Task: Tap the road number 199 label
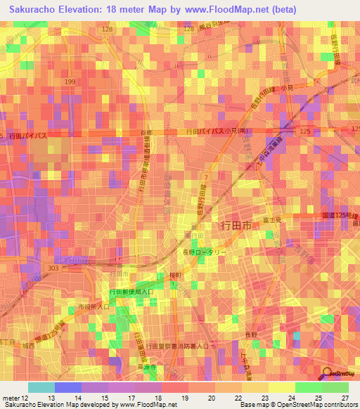tap(70, 82)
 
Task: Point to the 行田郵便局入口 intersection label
tap(131, 291)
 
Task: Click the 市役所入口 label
tap(93, 307)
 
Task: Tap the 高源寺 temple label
tap(149, 366)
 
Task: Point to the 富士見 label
tap(270, 220)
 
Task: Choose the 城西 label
tap(27, 345)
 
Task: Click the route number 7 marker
tap(204, 174)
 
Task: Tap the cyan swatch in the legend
tap(41, 387)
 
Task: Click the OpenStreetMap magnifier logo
tap(327, 372)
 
